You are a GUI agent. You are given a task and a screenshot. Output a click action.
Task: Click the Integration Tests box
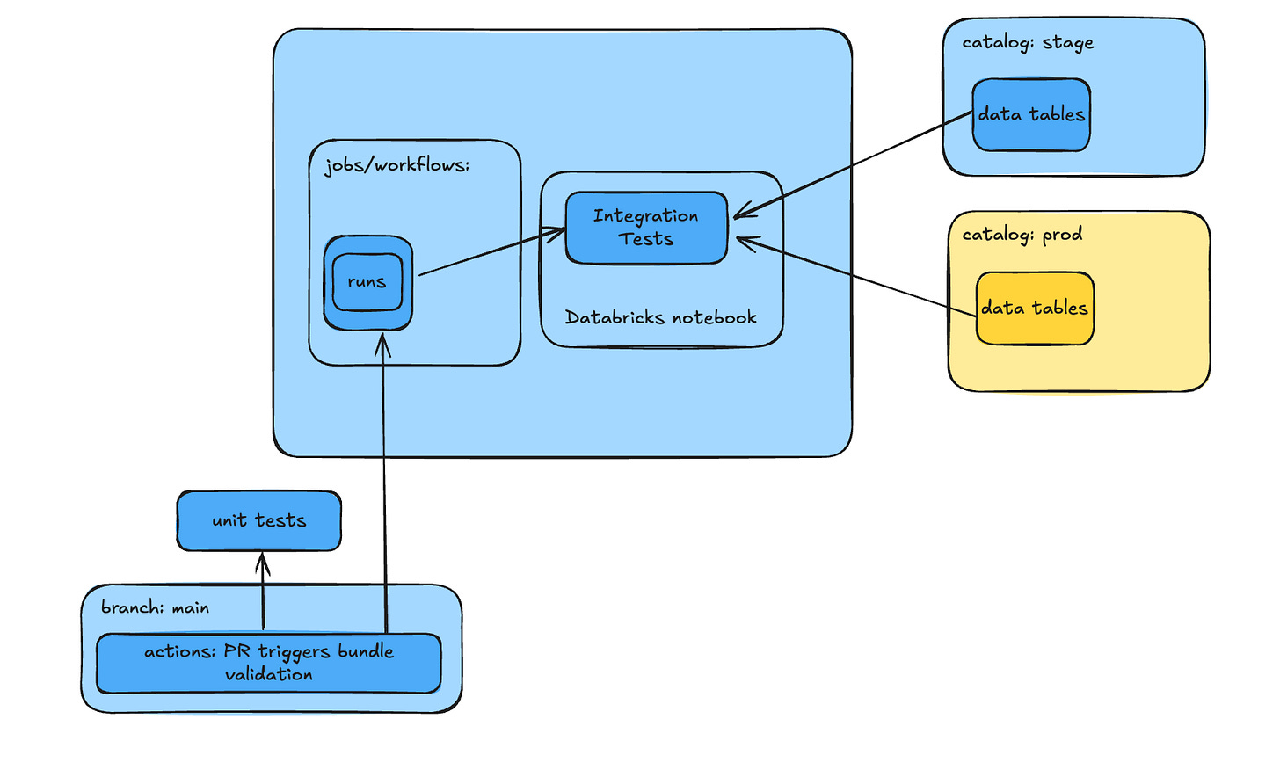(x=646, y=228)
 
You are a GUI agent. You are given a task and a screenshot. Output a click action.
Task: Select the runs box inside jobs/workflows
(x=367, y=282)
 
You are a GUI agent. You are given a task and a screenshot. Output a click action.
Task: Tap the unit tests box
(x=258, y=521)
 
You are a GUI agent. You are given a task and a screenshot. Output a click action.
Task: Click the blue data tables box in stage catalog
(x=1031, y=115)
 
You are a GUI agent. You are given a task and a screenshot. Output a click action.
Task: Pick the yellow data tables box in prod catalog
(x=1035, y=309)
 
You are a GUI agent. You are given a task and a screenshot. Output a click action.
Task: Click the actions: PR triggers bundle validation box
(x=268, y=664)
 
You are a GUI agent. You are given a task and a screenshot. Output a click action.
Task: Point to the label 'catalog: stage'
(x=1028, y=43)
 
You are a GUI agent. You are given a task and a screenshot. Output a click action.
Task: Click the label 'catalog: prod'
(x=1022, y=235)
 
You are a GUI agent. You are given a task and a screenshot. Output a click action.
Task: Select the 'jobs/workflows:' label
(x=396, y=165)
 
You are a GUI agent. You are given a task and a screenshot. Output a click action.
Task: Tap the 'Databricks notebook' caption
(x=660, y=318)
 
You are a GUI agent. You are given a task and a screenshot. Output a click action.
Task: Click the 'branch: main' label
(x=155, y=607)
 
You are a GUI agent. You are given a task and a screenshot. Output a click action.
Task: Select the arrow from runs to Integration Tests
(x=492, y=252)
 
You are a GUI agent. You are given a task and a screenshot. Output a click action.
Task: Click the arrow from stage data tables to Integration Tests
(x=853, y=164)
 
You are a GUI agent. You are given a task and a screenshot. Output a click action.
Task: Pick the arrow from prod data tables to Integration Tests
(x=857, y=277)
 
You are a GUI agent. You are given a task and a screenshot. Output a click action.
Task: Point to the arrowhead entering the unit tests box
(x=262, y=561)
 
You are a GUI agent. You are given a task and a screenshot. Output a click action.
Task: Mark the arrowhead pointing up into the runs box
(x=382, y=345)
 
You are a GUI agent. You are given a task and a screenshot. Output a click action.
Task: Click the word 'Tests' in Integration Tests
(x=646, y=239)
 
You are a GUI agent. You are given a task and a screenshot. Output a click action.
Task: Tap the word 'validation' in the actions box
(x=268, y=675)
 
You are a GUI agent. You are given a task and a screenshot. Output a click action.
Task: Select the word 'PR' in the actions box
(x=236, y=651)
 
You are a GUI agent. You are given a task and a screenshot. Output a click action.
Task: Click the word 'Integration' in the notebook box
(x=646, y=216)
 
